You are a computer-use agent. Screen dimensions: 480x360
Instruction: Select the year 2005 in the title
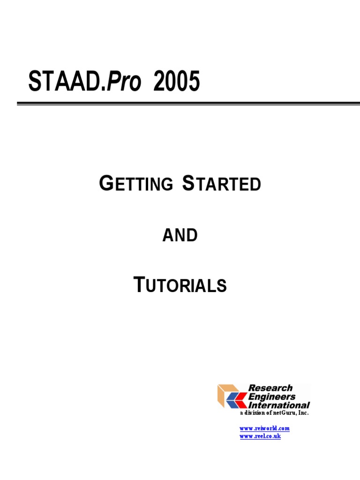176,82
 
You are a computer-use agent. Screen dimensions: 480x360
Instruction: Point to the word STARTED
221,184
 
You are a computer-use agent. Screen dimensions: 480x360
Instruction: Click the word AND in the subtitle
180,236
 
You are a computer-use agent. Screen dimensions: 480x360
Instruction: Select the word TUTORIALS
180,285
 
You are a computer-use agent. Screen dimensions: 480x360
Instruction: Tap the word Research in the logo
270,388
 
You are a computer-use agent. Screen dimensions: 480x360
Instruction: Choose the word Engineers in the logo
272,397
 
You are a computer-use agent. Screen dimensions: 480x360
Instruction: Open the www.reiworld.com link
264,428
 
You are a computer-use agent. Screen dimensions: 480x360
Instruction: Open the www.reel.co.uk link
260,436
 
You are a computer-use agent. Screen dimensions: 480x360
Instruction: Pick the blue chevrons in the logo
236,400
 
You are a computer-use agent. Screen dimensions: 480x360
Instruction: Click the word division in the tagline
255,413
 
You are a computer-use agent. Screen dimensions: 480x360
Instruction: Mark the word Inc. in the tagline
304,413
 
